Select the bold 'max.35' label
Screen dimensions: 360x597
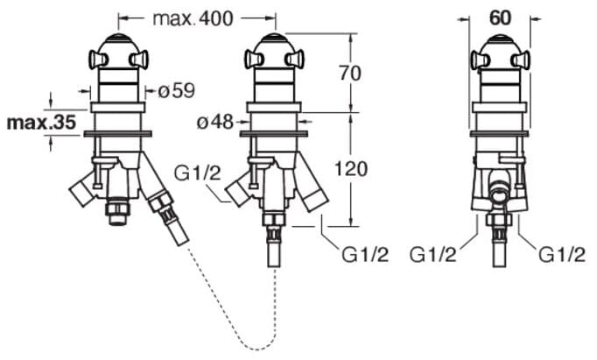coord(41,123)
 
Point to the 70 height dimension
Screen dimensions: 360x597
coord(349,74)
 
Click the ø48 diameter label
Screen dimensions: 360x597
coord(215,123)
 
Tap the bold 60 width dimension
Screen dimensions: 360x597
coord(500,17)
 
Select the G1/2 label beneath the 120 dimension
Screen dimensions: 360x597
coord(362,256)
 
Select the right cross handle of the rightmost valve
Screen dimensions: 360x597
coord(525,60)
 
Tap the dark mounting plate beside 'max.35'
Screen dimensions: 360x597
coord(117,133)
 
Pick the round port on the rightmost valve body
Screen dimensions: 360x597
coord(500,187)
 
